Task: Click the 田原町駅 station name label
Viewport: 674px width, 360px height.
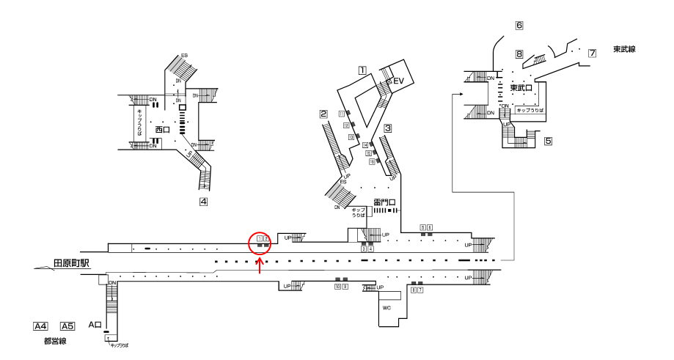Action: pos(72,261)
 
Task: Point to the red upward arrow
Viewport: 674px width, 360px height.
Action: pos(260,265)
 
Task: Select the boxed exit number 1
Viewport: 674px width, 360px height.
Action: pos(362,71)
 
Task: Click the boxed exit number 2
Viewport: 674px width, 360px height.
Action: pos(323,114)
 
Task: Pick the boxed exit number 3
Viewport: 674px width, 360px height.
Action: pos(388,128)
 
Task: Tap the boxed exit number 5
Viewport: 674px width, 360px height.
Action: pos(548,141)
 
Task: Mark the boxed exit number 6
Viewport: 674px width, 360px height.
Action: pos(519,26)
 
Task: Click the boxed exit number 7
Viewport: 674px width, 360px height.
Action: pos(592,53)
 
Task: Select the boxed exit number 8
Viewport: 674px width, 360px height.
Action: pos(519,54)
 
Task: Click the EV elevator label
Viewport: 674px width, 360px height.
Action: pos(399,81)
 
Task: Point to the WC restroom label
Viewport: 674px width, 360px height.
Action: pos(387,308)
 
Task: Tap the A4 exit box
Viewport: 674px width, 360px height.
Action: pos(41,326)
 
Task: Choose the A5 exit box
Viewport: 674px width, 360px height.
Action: pos(67,326)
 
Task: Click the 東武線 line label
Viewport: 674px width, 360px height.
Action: pos(624,49)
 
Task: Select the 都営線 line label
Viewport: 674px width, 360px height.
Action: pos(55,341)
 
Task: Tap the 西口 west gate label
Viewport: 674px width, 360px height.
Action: pos(162,130)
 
